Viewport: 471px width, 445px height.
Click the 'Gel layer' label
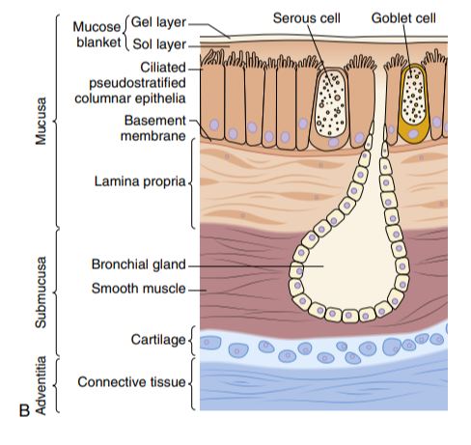(158, 22)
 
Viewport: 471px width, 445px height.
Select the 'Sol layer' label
(159, 44)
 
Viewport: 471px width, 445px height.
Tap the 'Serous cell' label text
(307, 18)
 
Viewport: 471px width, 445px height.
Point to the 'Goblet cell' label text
(403, 18)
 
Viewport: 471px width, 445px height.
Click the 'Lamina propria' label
(140, 181)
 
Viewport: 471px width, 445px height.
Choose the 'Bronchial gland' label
(139, 264)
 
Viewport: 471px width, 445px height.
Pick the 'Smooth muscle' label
(139, 289)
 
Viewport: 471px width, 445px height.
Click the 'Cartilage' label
(158, 340)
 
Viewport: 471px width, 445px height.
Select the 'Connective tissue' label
(131, 382)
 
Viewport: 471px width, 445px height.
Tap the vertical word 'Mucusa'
(41, 121)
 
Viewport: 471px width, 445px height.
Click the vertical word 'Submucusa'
(41, 292)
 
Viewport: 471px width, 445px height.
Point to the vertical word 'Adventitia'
(41, 385)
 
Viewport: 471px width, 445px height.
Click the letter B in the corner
(24, 410)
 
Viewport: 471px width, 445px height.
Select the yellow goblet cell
(414, 103)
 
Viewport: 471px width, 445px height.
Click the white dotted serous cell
(330, 104)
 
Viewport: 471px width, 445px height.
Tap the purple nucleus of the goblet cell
(414, 133)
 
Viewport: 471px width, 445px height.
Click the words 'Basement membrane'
(153, 128)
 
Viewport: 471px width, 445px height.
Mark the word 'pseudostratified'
(137, 83)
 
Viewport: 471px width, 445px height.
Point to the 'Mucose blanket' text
(97, 35)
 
